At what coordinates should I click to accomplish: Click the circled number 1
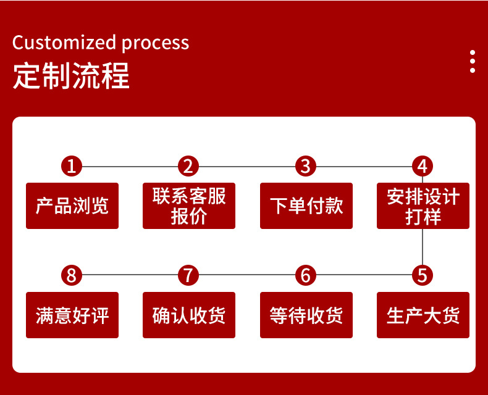[x=72, y=166]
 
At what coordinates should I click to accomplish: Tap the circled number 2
[x=188, y=166]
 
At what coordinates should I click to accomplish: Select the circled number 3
[x=306, y=166]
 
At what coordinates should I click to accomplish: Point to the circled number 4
[x=423, y=166]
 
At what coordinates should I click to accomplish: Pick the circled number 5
[x=423, y=275]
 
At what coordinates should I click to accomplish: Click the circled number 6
[x=306, y=275]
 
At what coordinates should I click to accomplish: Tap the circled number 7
[x=188, y=275]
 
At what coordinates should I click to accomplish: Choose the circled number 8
[x=72, y=275]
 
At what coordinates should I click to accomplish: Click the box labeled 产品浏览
[x=72, y=206]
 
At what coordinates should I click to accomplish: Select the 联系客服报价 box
[x=189, y=206]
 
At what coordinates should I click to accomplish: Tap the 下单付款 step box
[x=306, y=206]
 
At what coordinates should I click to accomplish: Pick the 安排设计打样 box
[x=423, y=206]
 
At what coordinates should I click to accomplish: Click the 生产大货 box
[x=423, y=315]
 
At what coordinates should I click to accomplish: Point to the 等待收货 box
[x=306, y=315]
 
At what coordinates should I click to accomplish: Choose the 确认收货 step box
[x=189, y=315]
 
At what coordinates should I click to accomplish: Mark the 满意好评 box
[x=72, y=315]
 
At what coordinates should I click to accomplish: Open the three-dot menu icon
[x=473, y=61]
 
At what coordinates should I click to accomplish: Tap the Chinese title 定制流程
[x=71, y=76]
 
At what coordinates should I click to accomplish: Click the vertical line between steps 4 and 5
[x=423, y=247]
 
